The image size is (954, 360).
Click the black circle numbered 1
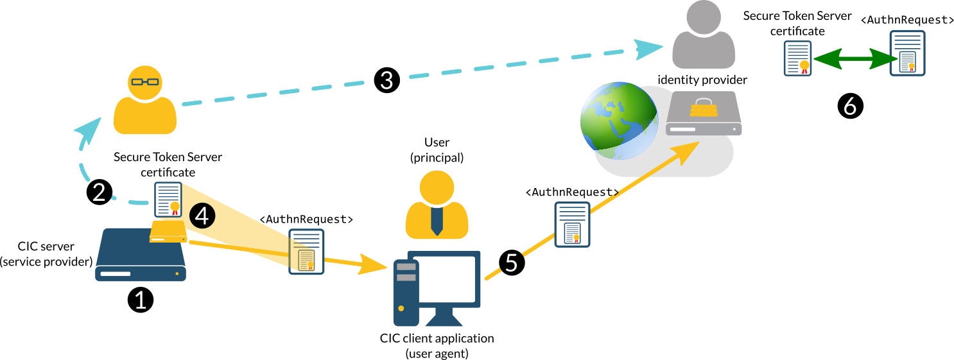tap(141, 299)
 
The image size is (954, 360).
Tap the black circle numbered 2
tap(100, 192)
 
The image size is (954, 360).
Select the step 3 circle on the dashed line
tap(387, 80)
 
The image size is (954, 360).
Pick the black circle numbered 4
tap(202, 216)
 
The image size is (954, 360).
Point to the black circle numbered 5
tap(512, 263)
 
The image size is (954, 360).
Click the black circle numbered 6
tap(851, 106)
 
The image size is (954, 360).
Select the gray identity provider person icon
tap(703, 35)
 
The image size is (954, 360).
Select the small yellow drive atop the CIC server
tap(168, 232)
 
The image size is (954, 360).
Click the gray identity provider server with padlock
tap(704, 113)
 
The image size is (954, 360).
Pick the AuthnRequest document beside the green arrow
tap(907, 53)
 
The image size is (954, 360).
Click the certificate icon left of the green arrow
tap(797, 58)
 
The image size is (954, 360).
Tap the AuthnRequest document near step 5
tap(573, 225)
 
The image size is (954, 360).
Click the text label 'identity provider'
tap(702, 80)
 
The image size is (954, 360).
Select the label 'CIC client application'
tap(437, 338)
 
